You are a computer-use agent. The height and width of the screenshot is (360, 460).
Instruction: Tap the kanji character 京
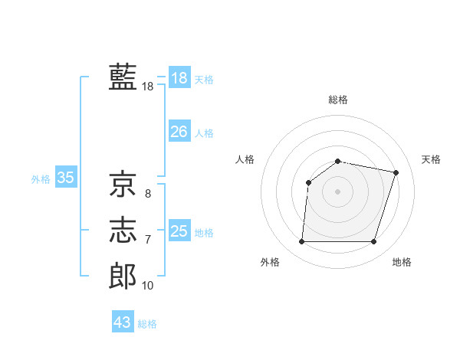tap(123, 183)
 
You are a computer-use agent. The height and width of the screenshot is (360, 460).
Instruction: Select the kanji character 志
tap(123, 229)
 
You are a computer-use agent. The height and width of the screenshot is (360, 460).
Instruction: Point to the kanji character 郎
tap(123, 276)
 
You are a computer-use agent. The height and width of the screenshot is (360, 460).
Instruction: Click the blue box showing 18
tap(179, 78)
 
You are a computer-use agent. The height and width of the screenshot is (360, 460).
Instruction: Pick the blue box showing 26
tap(179, 132)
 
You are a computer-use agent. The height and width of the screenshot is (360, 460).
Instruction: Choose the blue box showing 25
tap(179, 231)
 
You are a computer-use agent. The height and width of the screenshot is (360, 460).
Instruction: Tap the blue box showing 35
tap(65, 178)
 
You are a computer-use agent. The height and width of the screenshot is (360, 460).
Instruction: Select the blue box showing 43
tap(122, 322)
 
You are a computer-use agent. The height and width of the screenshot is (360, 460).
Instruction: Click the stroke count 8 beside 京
tap(148, 194)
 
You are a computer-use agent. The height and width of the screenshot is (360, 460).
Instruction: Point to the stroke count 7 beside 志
tap(148, 240)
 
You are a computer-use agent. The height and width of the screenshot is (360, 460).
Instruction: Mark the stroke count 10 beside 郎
tap(148, 286)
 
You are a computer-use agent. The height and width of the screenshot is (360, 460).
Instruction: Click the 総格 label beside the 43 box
tap(147, 324)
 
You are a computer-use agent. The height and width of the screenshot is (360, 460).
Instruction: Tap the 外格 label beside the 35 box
tap(41, 179)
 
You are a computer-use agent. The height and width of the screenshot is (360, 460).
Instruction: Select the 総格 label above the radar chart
tap(338, 100)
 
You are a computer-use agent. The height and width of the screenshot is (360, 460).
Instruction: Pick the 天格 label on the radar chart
tap(432, 159)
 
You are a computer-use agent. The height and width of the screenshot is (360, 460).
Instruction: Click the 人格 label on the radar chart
tap(245, 159)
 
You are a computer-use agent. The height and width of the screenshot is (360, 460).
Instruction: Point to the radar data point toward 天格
tap(396, 172)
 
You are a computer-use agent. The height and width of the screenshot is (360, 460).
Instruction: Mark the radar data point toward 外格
tap(301, 242)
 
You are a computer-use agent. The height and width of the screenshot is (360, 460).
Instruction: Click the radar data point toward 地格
tap(374, 242)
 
